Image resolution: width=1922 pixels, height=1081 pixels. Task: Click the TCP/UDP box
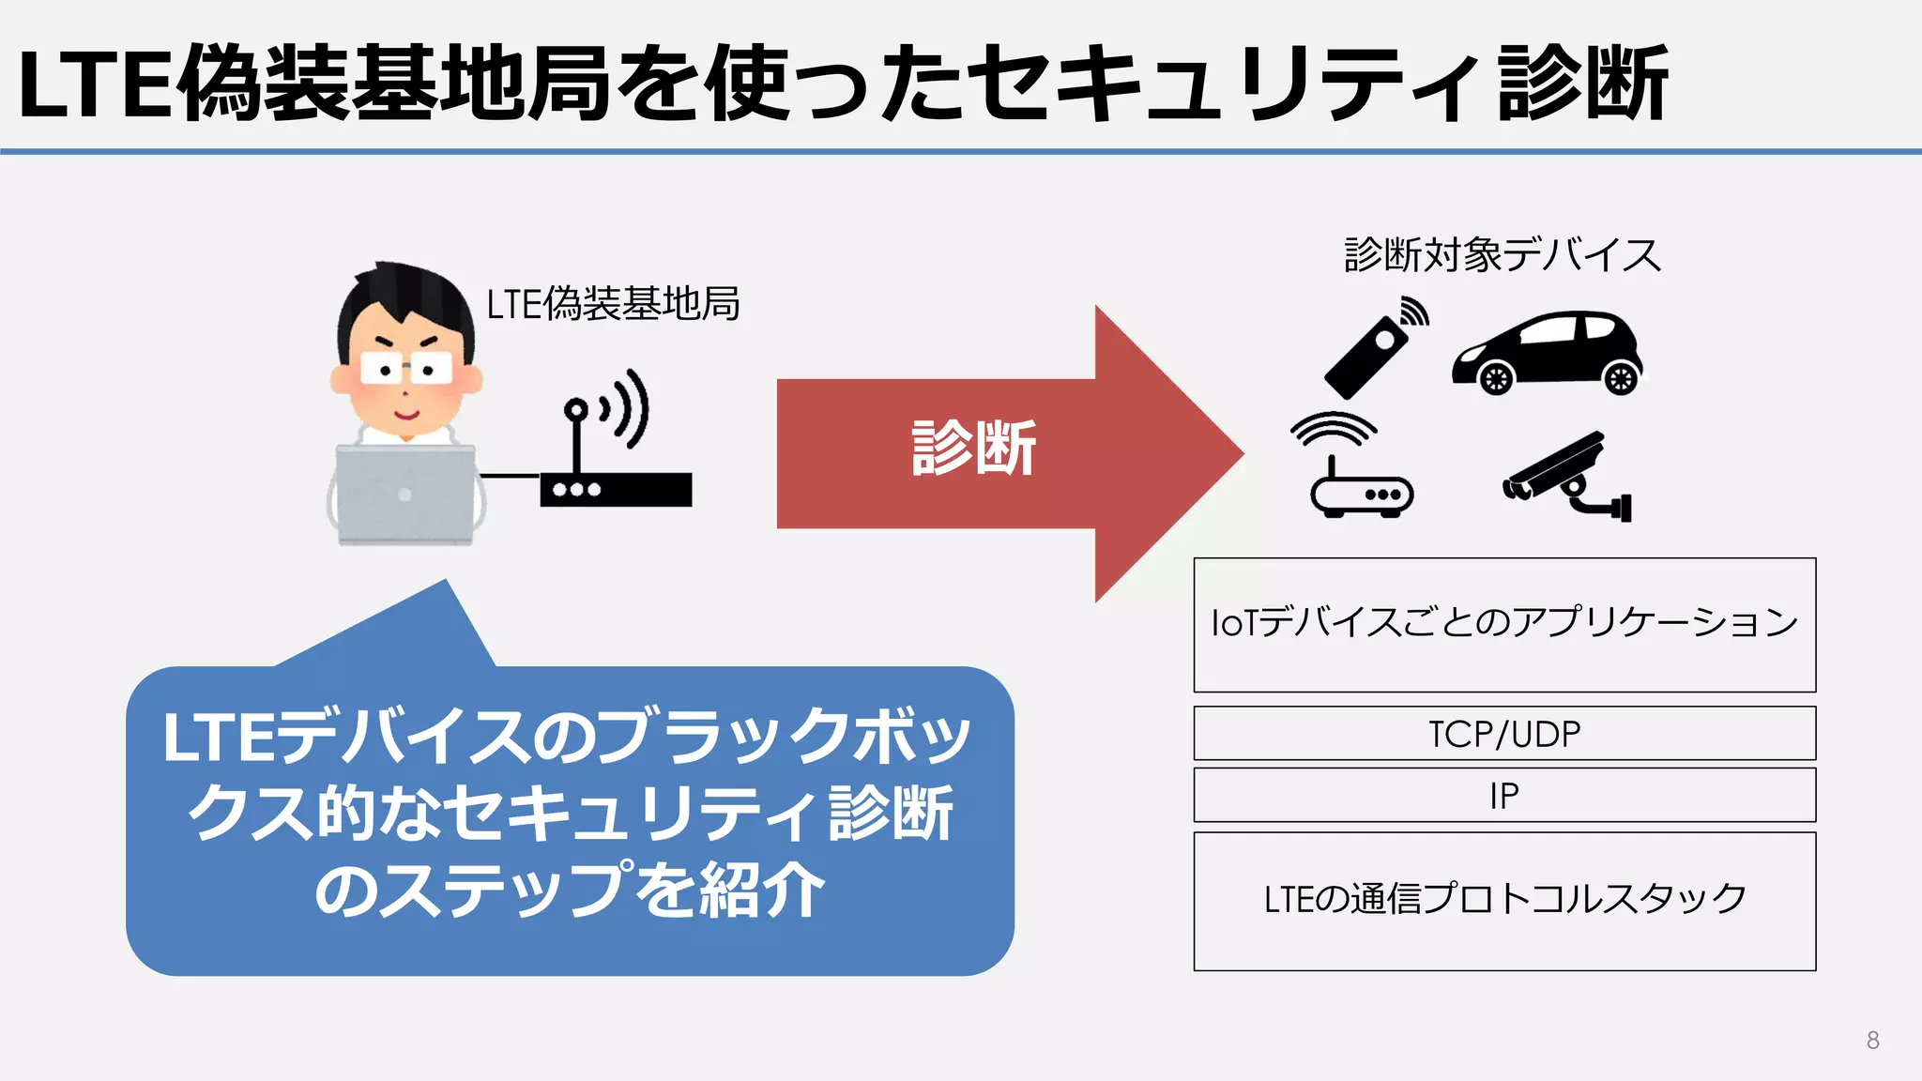click(1504, 733)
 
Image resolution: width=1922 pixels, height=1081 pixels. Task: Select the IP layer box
click(1504, 795)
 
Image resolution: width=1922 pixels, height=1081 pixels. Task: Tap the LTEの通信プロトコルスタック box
click(1504, 900)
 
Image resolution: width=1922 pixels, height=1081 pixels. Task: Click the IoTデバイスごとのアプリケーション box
click(1504, 624)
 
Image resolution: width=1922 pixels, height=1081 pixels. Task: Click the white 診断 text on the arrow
click(973, 449)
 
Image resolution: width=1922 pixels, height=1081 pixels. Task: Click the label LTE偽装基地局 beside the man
click(613, 304)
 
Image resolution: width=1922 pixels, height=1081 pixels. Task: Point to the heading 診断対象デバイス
click(1502, 255)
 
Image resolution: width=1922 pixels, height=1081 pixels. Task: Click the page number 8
click(1872, 1040)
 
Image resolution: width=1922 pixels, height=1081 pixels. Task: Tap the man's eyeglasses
click(405, 369)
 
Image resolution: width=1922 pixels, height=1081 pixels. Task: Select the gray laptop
click(405, 495)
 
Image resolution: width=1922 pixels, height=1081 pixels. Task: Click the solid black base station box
click(616, 490)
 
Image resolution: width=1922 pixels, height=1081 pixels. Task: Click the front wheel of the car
click(1496, 378)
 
